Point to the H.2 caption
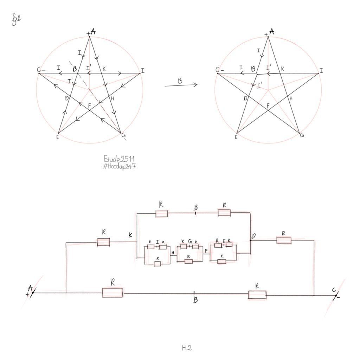187,348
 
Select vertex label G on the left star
123,135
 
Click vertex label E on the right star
236,137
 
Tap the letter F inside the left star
89,105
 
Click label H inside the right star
291,99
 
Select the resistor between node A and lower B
112,292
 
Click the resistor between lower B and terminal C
257,295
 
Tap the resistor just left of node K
103,242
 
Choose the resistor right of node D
284,240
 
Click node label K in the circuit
130,236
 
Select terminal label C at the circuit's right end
334,290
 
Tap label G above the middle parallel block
190,242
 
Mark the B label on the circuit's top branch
196,208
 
